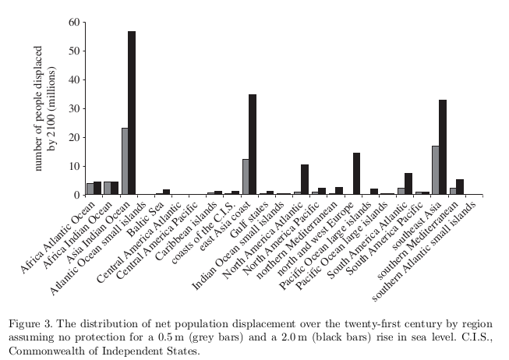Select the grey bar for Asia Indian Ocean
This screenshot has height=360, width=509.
[x=124, y=161]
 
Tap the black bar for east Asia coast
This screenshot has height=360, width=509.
[x=253, y=144]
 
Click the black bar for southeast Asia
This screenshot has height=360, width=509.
[x=443, y=147]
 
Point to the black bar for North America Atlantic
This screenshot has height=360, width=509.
[x=305, y=180]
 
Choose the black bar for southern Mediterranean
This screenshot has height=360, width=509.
[x=460, y=187]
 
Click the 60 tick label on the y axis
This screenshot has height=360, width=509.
[x=74, y=22]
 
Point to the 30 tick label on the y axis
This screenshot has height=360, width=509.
[x=74, y=108]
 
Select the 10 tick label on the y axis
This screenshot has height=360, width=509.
[x=74, y=166]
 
